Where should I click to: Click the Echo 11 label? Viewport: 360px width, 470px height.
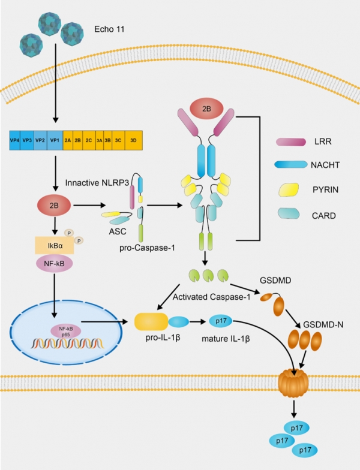coord(109,29)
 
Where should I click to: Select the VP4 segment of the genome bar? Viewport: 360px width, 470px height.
coord(14,140)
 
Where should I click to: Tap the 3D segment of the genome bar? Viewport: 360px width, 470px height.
coord(133,140)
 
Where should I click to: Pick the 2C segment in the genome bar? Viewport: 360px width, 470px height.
coord(89,140)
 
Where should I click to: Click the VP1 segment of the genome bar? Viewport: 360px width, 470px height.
coord(55,140)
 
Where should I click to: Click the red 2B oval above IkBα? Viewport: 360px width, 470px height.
coord(54,206)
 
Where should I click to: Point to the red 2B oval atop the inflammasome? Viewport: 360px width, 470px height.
coord(206,109)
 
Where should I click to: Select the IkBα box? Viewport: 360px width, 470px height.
coord(55,246)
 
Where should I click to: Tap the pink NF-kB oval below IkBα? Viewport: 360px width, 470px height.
coord(54,264)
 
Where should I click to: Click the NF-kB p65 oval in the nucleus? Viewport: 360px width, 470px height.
coord(66,332)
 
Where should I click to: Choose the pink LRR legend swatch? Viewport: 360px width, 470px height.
coord(290,142)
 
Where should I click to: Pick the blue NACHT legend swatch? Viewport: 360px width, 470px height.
coord(290,164)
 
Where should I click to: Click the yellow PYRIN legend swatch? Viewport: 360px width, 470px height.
coord(289,189)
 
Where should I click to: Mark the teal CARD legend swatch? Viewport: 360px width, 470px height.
coord(289,213)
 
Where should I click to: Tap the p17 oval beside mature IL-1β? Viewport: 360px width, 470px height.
coord(221,321)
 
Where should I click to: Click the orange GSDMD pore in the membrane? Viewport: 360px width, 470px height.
coord(294,383)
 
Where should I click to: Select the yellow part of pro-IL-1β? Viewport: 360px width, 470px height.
coord(151,321)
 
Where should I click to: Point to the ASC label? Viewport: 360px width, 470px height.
coord(118,231)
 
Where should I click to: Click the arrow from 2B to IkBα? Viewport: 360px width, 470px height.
coord(55,225)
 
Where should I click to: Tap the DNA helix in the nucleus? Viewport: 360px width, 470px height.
coord(67,344)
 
